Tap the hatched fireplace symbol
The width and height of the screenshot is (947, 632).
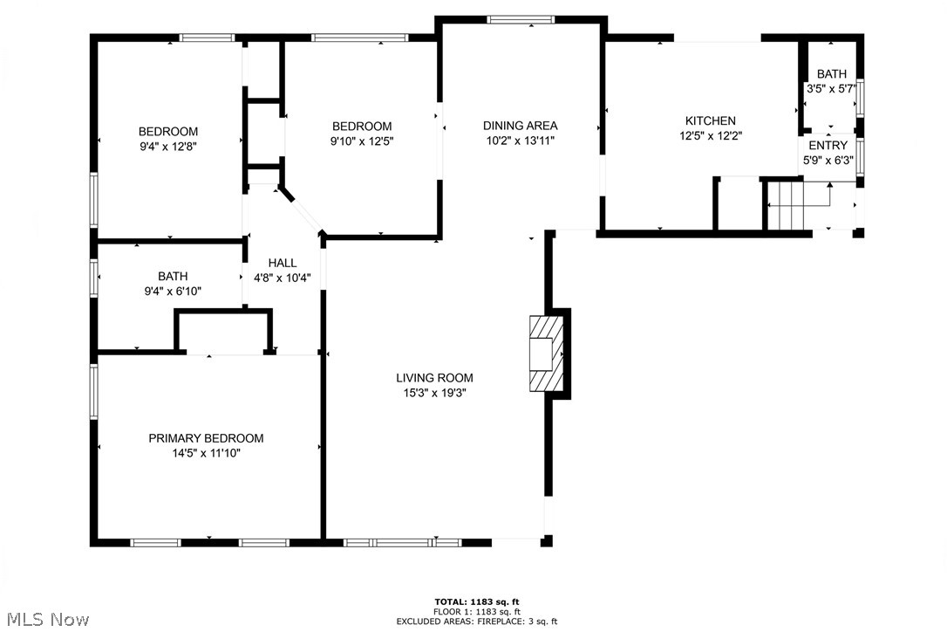coord(546,354)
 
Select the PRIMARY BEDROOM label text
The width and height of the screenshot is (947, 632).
coord(206,438)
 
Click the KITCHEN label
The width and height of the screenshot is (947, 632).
coord(710,120)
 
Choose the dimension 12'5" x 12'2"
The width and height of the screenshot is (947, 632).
coord(710,135)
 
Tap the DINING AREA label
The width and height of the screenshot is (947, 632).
coord(521,126)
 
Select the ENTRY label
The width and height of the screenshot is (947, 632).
coord(828,145)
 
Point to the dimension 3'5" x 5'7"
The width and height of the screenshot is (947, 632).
coord(831,88)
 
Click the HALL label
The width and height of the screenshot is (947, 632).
coord(282,263)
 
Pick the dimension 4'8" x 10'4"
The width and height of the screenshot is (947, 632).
coord(282,278)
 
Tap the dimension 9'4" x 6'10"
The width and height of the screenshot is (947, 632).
coord(173,292)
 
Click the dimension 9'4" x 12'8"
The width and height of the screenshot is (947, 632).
coord(169,147)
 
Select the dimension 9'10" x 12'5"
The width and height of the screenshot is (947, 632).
coord(361,141)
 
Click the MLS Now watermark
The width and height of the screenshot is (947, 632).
coord(45,620)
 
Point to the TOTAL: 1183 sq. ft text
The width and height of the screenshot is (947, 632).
coord(477,601)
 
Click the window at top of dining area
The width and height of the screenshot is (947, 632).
coord(521,19)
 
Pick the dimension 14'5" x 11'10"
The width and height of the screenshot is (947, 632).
coord(206,453)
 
